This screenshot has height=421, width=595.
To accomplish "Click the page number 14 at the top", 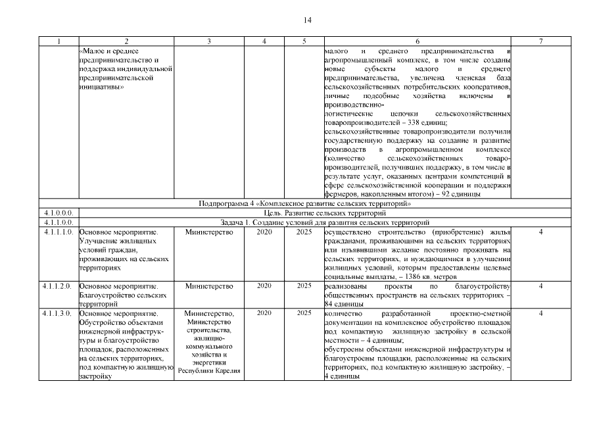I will tap(307, 20).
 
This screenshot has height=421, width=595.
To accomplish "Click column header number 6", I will tap(417, 41).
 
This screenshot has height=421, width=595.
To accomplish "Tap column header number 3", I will tap(208, 41).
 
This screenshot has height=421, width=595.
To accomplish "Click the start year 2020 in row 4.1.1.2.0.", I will tap(264, 286).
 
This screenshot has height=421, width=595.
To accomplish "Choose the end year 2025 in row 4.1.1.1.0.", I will tap(304, 232).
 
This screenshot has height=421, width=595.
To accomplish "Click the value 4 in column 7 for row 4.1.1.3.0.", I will tap(540, 313).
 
